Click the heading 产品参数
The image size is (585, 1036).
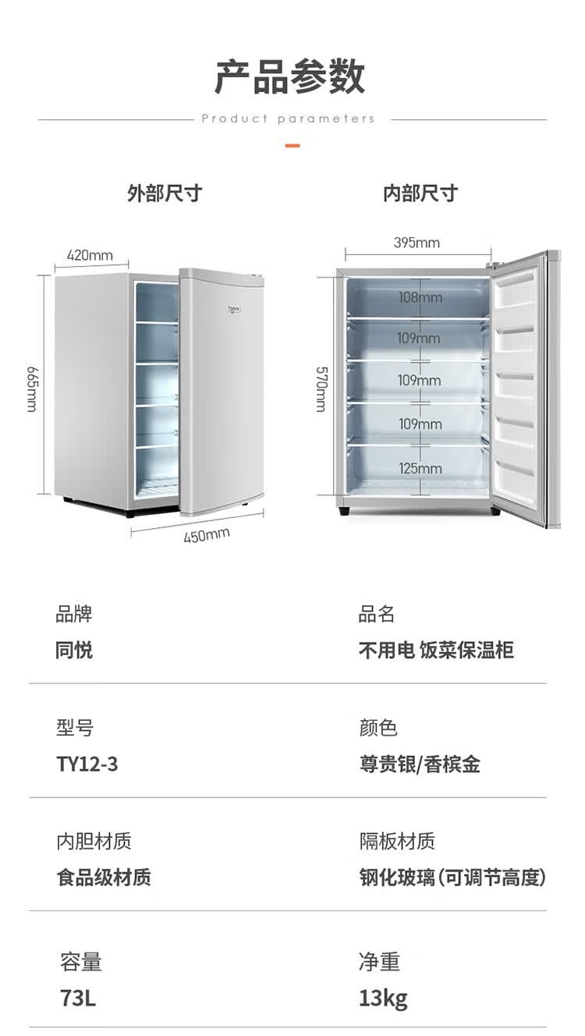(x=290, y=76)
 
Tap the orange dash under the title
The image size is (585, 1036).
(x=292, y=146)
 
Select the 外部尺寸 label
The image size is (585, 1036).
(x=165, y=193)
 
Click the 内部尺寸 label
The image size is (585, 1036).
(x=420, y=193)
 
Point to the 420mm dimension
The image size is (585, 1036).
(x=90, y=255)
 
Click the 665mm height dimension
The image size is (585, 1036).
(x=32, y=388)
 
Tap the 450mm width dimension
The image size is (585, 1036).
(x=207, y=535)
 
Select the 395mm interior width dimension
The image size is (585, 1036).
(x=417, y=243)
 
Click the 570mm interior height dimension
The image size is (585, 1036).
(x=321, y=388)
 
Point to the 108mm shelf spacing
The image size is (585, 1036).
(x=420, y=297)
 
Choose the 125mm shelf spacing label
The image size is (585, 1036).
(x=420, y=469)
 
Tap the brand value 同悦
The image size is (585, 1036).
(x=74, y=650)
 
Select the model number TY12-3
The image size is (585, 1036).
(x=87, y=764)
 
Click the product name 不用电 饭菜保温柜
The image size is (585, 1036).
(x=436, y=650)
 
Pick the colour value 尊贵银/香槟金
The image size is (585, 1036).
(x=420, y=764)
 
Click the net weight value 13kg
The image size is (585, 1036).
(x=383, y=998)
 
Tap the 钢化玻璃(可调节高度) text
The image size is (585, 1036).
(x=452, y=878)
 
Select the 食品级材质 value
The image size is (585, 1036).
(x=104, y=878)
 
